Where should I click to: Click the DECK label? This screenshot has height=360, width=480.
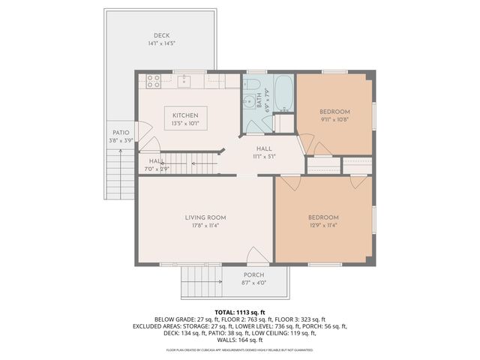click(161, 35)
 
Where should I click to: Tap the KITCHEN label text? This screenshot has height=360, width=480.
click(184, 115)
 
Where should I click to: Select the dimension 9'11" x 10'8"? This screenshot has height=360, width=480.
click(334, 119)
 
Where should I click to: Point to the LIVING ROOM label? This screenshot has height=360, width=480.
click(205, 217)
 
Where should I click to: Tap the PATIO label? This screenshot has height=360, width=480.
click(121, 133)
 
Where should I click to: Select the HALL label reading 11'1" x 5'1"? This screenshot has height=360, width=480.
click(263, 148)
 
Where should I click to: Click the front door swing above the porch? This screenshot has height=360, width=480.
click(257, 256)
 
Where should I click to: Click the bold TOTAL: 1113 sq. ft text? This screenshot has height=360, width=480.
click(240, 312)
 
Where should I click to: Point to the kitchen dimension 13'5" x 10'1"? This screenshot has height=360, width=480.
click(184, 123)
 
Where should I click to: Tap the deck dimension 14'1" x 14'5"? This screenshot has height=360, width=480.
click(161, 43)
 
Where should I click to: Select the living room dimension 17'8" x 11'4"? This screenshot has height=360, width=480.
click(205, 225)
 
